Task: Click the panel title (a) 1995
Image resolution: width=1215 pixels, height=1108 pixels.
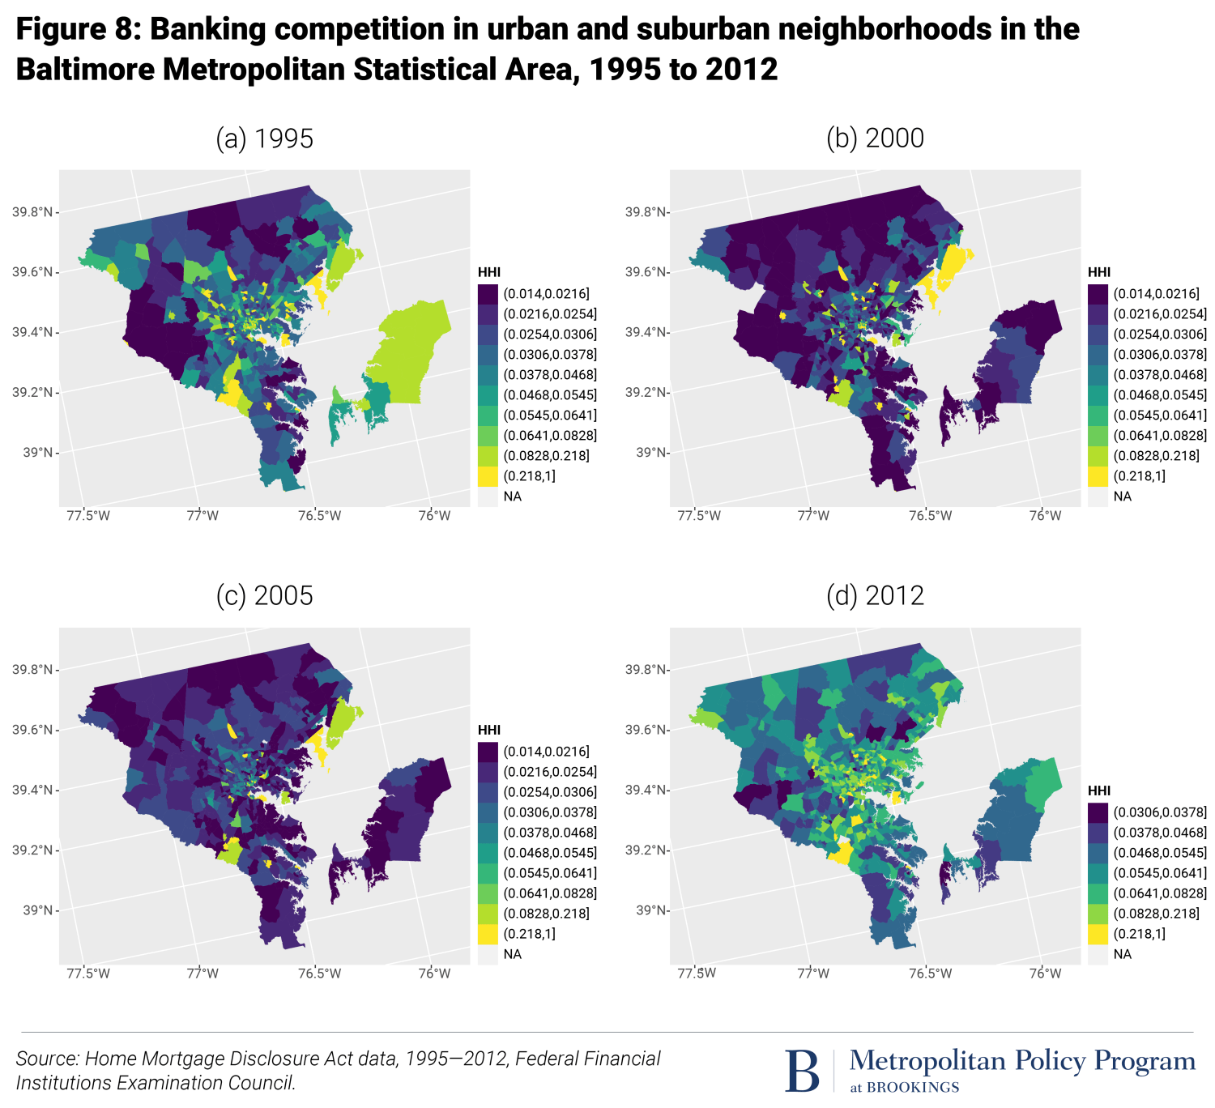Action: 264,138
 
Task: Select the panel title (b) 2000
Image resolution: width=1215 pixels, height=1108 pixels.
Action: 875,138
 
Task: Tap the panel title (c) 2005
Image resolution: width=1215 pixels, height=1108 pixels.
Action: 264,596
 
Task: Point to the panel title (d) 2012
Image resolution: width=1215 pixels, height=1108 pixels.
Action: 875,596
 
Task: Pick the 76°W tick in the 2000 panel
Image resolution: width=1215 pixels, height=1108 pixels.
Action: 1045,516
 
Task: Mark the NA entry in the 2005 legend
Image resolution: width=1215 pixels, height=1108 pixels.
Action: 512,954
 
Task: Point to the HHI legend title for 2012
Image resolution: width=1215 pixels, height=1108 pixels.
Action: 1098,791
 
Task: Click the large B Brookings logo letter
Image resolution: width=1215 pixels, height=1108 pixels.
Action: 802,1071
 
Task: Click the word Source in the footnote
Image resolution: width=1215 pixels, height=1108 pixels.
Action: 47,1059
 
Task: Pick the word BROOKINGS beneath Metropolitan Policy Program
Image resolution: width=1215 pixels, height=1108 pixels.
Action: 913,1088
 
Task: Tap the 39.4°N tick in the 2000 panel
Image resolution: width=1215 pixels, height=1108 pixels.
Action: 645,333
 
